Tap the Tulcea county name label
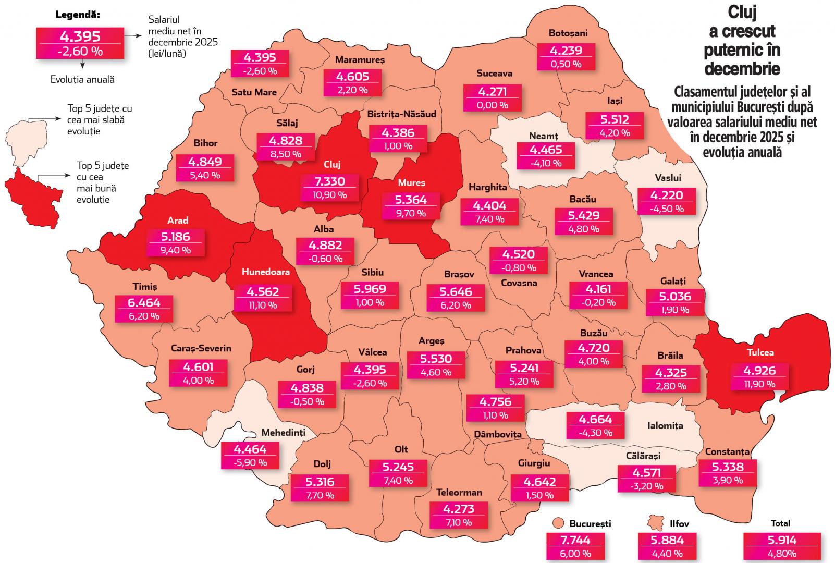[760, 352]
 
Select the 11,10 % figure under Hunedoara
[263, 305]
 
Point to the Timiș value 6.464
[144, 302]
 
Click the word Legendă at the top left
[78, 15]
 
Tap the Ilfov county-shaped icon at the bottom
[654, 523]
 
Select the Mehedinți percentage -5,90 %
[250, 462]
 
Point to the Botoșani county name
[568, 33]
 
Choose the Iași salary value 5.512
[615, 119]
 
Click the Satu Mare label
[254, 92]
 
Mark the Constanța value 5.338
[728, 467]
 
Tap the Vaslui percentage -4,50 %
[667, 209]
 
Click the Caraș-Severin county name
[201, 348]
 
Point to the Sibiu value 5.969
[370, 289]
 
